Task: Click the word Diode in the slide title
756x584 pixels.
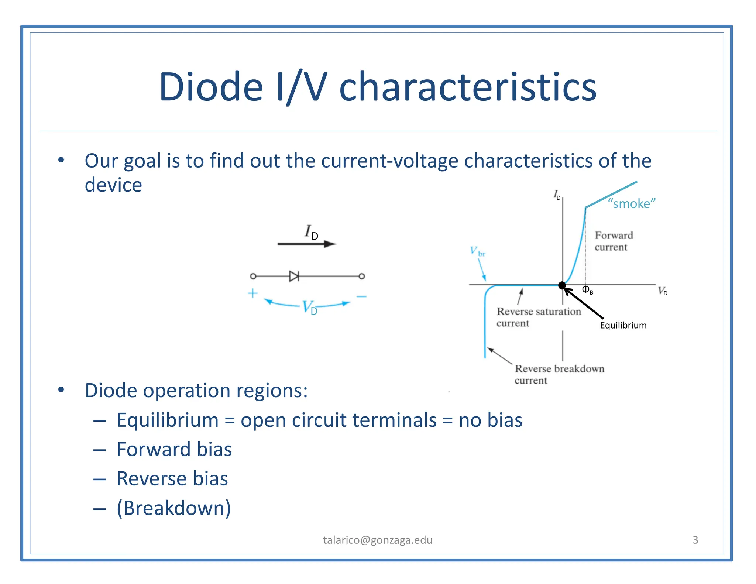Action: [211, 87]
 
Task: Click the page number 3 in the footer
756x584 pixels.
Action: [695, 540]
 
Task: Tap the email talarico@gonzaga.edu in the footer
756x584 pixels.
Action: [378, 540]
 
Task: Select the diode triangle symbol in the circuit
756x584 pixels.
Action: [294, 276]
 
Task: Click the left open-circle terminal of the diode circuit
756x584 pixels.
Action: [253, 276]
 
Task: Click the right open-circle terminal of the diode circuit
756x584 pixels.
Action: [362, 276]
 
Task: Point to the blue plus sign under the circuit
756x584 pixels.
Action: [252, 293]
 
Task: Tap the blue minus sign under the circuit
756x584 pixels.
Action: [361, 296]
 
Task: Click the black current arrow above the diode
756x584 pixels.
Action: [306, 244]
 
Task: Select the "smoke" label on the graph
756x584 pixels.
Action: [632, 203]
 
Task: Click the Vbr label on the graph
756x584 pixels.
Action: [477, 251]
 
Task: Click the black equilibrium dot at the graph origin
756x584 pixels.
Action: [562, 285]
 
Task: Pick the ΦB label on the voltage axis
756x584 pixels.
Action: [587, 290]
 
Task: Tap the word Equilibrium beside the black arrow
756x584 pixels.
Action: [623, 325]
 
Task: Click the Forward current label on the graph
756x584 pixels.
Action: [613, 241]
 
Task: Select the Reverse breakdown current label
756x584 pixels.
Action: [559, 374]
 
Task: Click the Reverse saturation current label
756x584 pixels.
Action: [538, 317]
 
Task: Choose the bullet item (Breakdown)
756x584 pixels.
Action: [174, 508]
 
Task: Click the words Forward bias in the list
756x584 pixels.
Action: [174, 449]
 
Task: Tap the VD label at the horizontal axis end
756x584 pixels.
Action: [663, 291]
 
